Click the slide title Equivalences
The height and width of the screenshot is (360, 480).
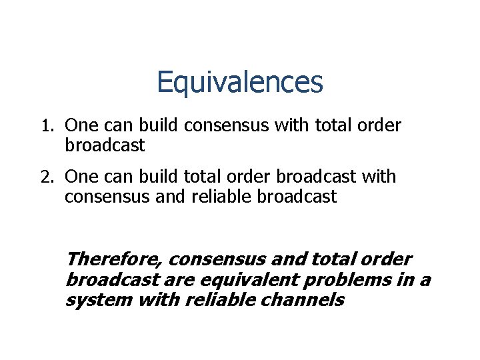click(x=239, y=83)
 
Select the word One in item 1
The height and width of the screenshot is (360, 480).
click(x=81, y=125)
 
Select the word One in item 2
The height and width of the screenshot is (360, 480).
click(x=81, y=177)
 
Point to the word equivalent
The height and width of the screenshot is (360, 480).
click(x=241, y=279)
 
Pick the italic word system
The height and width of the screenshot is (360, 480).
click(x=99, y=300)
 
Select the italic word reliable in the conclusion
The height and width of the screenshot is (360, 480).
click(x=212, y=300)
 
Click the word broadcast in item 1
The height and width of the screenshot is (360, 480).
click(x=105, y=145)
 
